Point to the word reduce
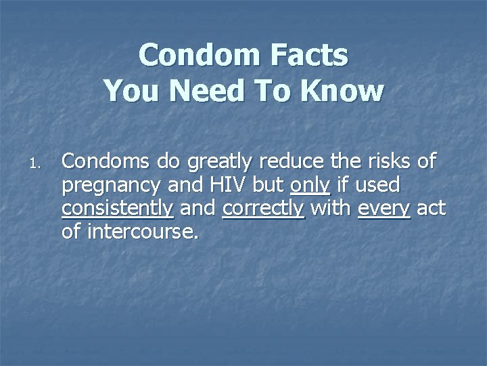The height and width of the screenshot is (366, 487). pyautogui.click(x=292, y=162)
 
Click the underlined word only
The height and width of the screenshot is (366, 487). pyautogui.click(x=310, y=186)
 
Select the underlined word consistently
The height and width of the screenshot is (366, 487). pyautogui.click(x=117, y=209)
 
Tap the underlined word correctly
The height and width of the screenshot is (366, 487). pyautogui.click(x=263, y=209)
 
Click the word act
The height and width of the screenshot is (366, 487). pyautogui.click(x=431, y=209)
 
